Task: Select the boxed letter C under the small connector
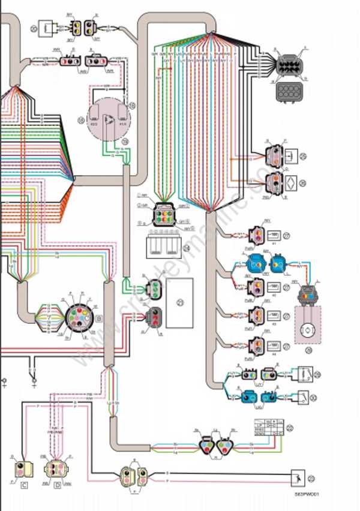tap(25, 484)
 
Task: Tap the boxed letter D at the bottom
tap(58, 484)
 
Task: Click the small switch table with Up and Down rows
tap(268, 427)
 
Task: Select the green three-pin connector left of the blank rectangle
tap(154, 288)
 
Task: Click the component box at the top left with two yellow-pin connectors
tap(46, 27)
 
